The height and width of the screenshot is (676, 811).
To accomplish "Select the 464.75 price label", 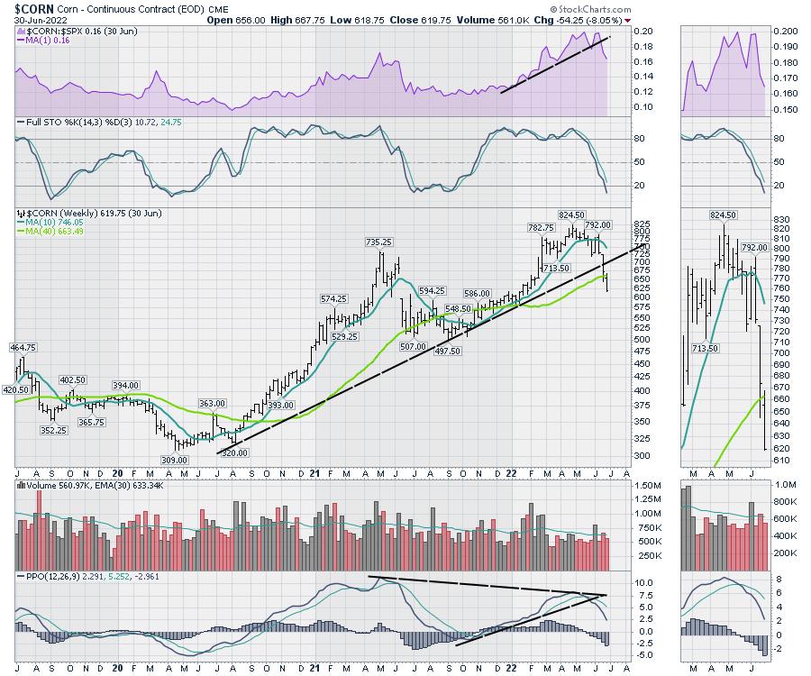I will click(23, 347).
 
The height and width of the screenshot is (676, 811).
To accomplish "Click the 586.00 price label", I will click(476, 293).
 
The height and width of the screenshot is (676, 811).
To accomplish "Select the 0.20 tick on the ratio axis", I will click(619, 31).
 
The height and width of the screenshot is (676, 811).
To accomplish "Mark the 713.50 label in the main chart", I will click(554, 268).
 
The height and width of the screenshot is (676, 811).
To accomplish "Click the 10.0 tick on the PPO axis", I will click(619, 583).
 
